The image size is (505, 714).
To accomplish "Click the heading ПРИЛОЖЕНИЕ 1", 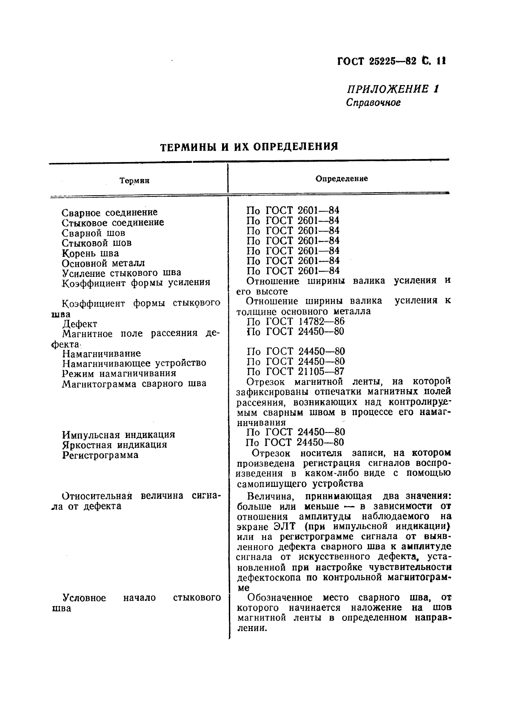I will coord(392,89).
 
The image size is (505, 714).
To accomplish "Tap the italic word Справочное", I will coord(373,102).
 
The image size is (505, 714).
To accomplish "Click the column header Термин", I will coord(134,181).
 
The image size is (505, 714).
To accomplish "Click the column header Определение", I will coord(341,179).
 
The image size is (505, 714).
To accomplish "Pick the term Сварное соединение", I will coord(109,212).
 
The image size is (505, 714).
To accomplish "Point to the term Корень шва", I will coord(90,253).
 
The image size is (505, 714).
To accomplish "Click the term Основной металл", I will coord(103,263).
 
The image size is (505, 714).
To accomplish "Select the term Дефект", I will coord(80,324).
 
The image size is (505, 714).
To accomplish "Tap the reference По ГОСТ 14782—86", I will coord(295,321).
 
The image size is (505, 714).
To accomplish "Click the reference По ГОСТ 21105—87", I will coord(295,371).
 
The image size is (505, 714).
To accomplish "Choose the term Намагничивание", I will coord(101,353).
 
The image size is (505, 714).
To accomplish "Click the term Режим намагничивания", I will coord(119,373).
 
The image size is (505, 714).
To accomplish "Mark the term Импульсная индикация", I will coord(118,435).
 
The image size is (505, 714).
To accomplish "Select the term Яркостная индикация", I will coord(114,445).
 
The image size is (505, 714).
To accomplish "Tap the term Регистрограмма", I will coord(100,455).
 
